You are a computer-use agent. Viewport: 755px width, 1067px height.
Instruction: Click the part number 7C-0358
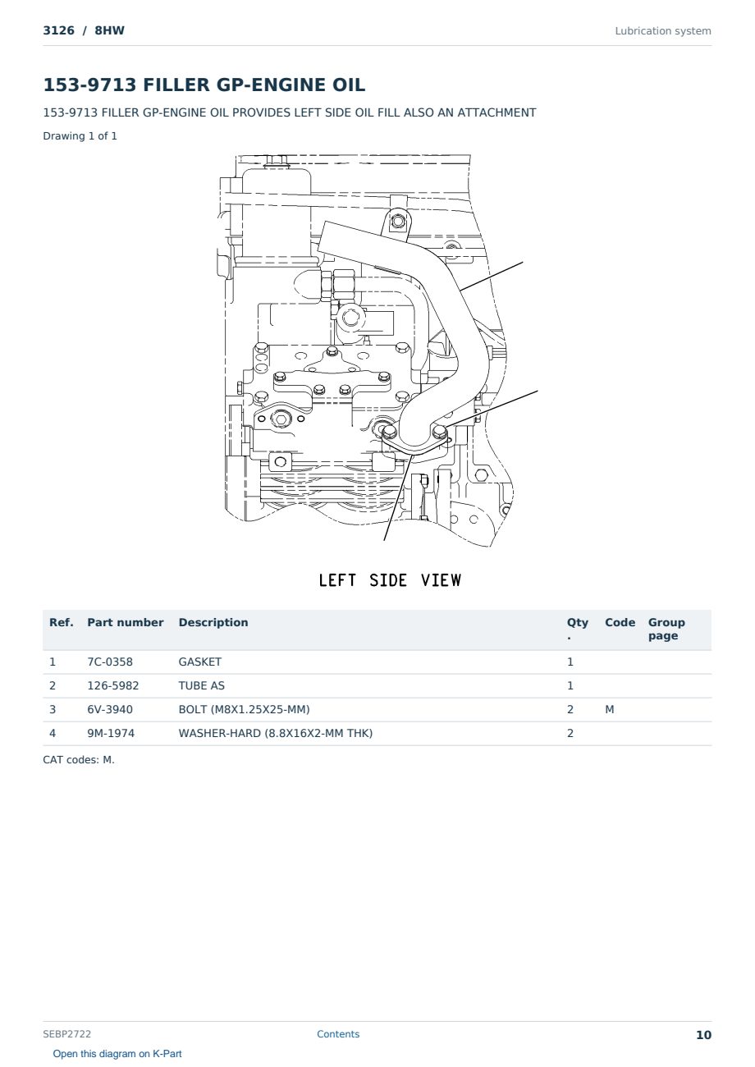click(110, 662)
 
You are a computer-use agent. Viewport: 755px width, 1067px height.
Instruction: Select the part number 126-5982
click(113, 685)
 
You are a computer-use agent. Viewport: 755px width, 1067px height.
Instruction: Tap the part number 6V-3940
click(110, 709)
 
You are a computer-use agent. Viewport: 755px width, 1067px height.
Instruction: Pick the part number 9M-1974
click(111, 733)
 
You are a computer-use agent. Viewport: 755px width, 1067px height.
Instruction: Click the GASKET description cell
click(200, 662)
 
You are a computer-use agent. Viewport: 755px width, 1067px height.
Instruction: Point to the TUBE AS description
click(202, 685)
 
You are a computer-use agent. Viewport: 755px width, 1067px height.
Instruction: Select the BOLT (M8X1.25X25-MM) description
click(244, 709)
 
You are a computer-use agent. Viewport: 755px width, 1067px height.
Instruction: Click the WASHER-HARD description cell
click(275, 733)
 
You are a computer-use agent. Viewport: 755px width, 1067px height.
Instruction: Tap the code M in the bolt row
click(609, 709)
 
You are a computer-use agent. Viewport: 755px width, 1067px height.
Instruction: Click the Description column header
click(213, 622)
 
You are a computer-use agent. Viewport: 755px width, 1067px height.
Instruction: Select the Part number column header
click(126, 622)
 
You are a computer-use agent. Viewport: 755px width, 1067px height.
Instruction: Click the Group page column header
click(666, 629)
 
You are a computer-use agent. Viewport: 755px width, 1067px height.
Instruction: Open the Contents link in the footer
click(338, 1034)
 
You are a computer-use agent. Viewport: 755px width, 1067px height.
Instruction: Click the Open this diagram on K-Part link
click(117, 1054)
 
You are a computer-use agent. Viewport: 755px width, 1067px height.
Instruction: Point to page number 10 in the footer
click(703, 1035)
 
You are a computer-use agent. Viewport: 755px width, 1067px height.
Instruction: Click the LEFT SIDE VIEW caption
click(390, 580)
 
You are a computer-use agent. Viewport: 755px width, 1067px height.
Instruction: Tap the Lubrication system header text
click(663, 31)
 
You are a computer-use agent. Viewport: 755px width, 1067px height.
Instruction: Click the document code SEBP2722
click(66, 1034)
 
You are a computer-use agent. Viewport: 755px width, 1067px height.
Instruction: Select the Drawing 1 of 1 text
click(80, 135)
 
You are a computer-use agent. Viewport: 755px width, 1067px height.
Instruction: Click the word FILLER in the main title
click(176, 85)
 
